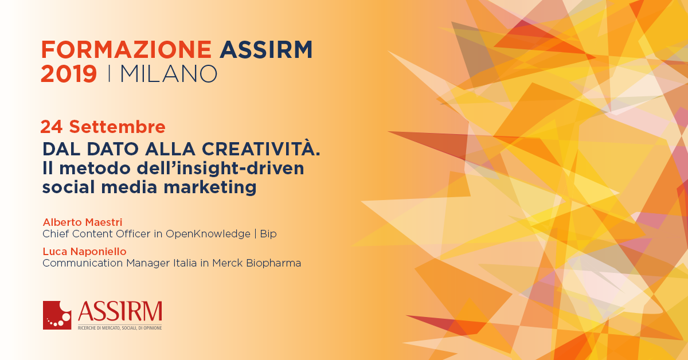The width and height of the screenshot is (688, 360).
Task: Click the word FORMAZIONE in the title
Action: point(126,49)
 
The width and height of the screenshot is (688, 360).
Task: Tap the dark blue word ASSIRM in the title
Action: point(266,49)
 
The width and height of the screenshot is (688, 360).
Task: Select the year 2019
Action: point(69,74)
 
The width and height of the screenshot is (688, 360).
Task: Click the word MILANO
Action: point(169,74)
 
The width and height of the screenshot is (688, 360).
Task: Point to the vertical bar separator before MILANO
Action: point(109,74)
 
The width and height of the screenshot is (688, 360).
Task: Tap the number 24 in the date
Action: point(51,127)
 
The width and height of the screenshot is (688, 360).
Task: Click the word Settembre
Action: point(118,127)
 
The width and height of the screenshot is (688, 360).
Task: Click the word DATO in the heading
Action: point(113,149)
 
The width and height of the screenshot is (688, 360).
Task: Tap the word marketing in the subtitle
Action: point(210,187)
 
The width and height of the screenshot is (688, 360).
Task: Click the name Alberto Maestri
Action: point(83,222)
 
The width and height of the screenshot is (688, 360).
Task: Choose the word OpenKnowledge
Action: point(208,234)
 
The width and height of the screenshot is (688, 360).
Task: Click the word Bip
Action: point(268,234)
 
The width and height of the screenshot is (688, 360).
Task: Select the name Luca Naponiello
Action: point(84,252)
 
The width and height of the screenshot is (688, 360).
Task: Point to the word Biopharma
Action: point(273,263)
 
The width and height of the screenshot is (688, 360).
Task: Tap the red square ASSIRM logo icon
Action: point(57,315)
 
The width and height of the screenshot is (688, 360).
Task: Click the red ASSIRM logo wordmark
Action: point(120,311)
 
